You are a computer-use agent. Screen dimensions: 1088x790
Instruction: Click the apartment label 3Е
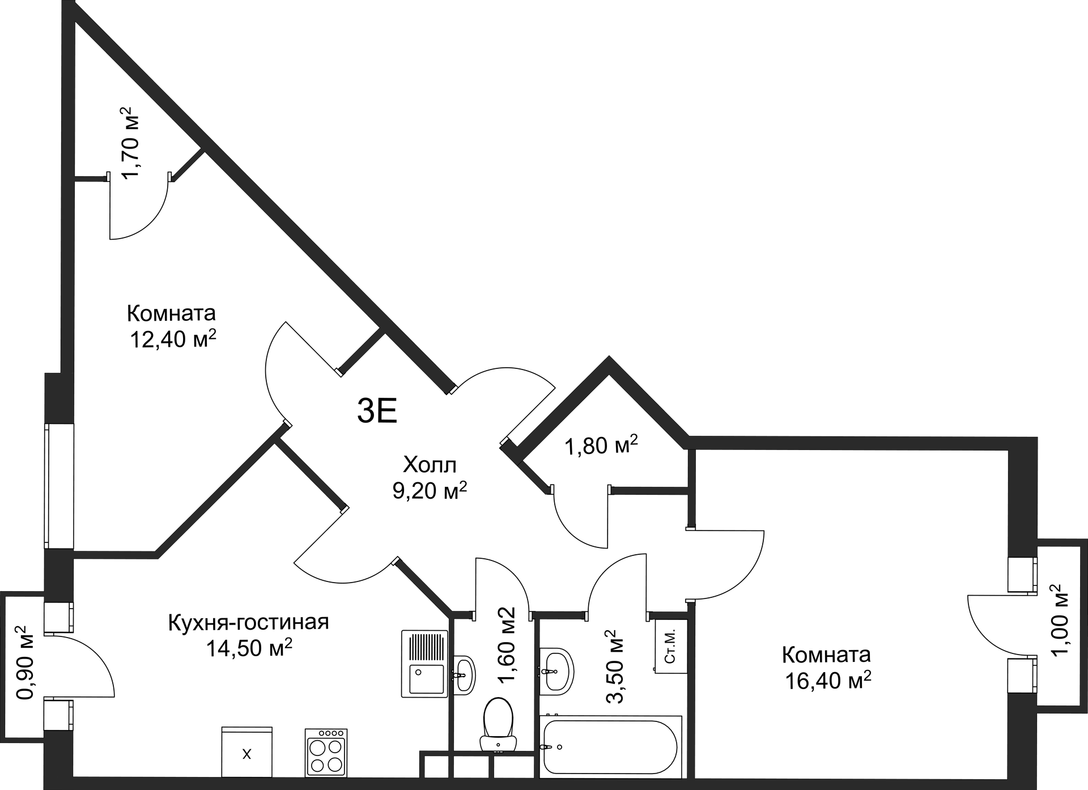coord(377,411)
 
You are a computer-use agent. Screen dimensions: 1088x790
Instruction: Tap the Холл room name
coord(430,465)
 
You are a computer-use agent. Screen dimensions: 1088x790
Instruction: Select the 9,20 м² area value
coord(430,491)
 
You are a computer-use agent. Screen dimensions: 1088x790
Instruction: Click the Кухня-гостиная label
coord(248,622)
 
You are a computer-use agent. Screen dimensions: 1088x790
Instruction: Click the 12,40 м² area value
coord(173,339)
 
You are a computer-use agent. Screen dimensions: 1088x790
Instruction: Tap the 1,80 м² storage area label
coord(601,446)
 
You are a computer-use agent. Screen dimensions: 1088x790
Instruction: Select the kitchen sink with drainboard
coord(424,663)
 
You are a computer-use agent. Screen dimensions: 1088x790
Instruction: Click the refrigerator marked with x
coord(247,751)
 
